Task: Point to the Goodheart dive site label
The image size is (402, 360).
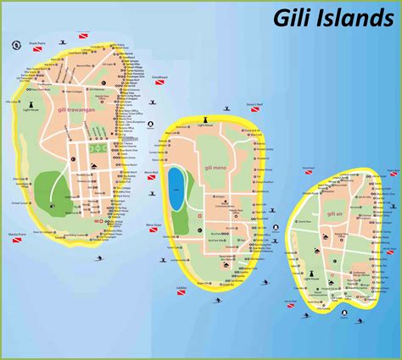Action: tap(159, 76)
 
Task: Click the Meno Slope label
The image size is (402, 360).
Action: tap(154, 224)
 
